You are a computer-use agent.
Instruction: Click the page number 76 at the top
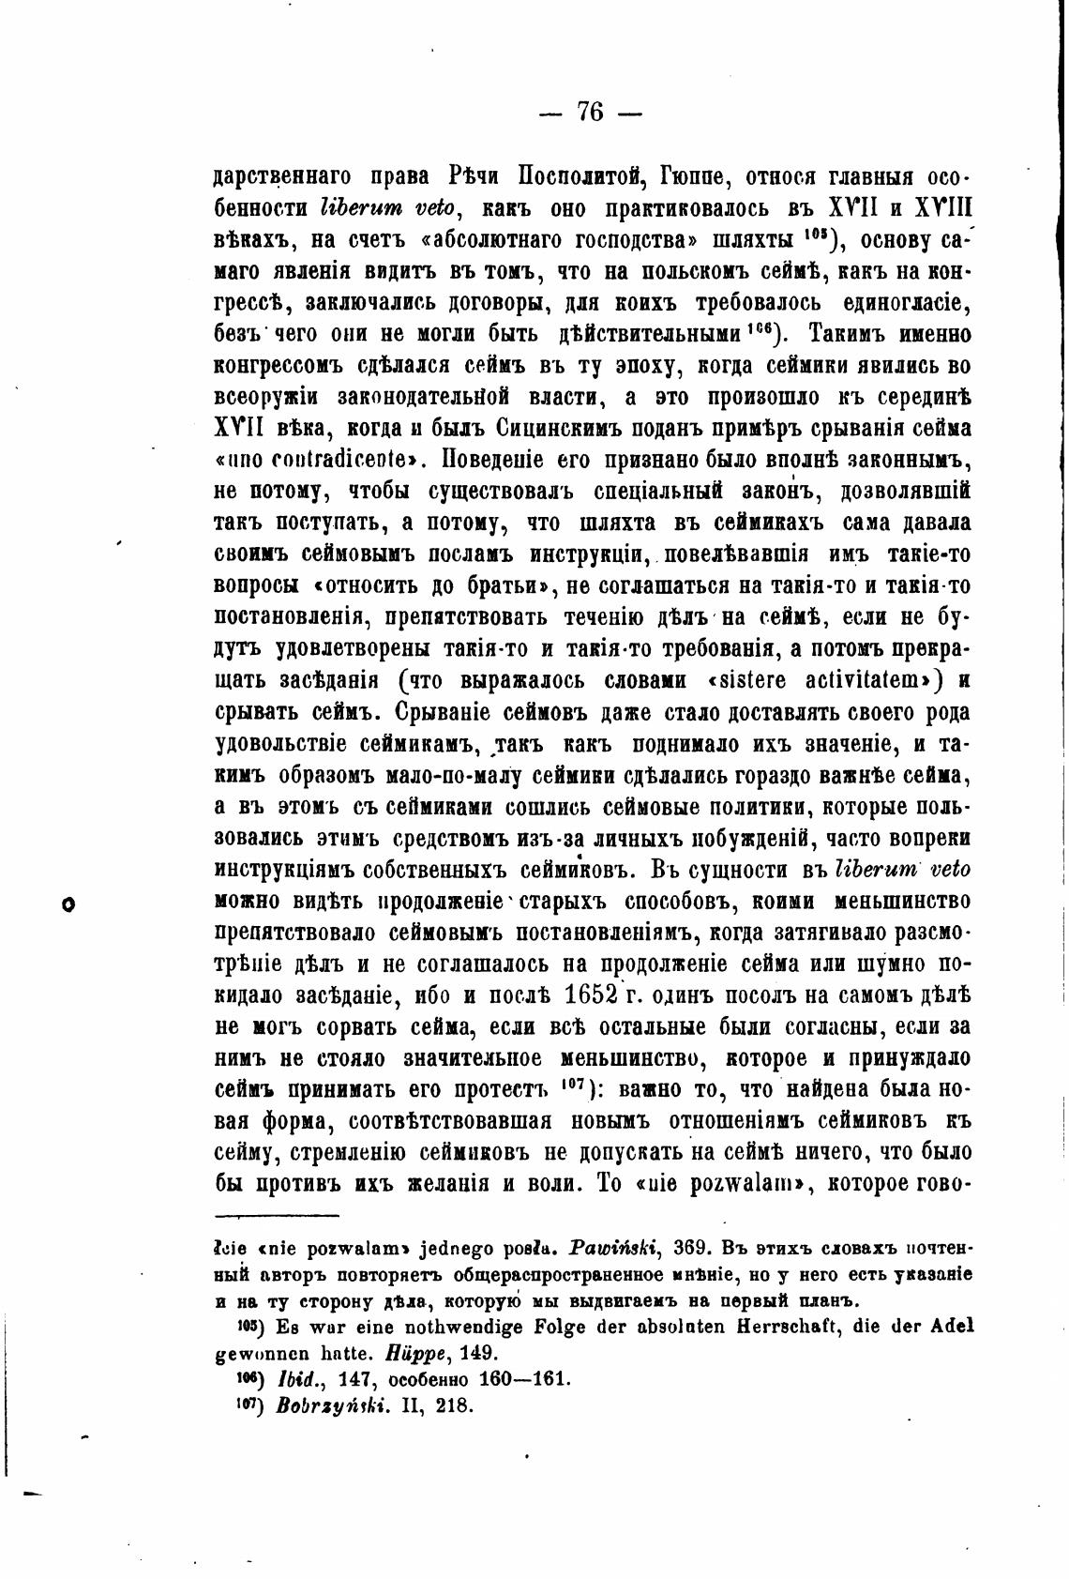click(590, 113)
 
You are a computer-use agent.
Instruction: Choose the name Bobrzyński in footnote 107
click(319, 1406)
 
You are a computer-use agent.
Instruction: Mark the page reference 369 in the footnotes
click(691, 1251)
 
